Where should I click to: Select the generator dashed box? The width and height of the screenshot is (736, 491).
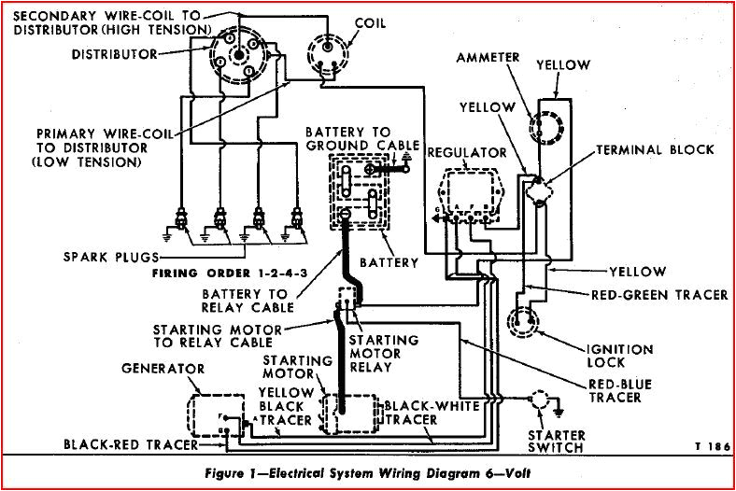(214, 414)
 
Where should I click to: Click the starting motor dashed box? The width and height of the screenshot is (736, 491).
(342, 414)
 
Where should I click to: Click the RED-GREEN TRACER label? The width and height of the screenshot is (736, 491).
(659, 295)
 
